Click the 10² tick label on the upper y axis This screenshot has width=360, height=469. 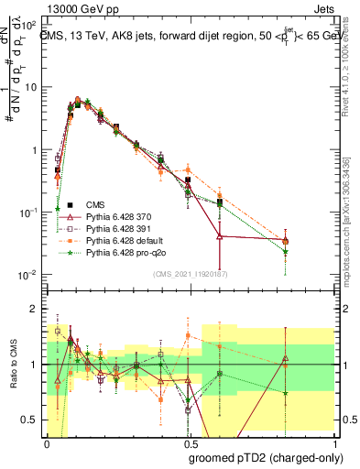pos(29,24)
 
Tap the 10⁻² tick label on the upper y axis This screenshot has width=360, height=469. pos(29,275)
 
